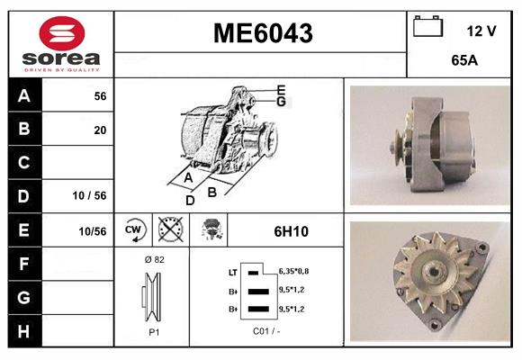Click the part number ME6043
point(262,34)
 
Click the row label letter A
point(23,95)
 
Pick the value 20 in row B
point(100,130)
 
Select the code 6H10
point(291,231)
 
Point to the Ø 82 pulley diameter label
point(153,259)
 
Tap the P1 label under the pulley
point(153,331)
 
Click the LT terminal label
point(233,271)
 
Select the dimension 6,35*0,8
point(292,270)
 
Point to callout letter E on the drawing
point(281,89)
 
